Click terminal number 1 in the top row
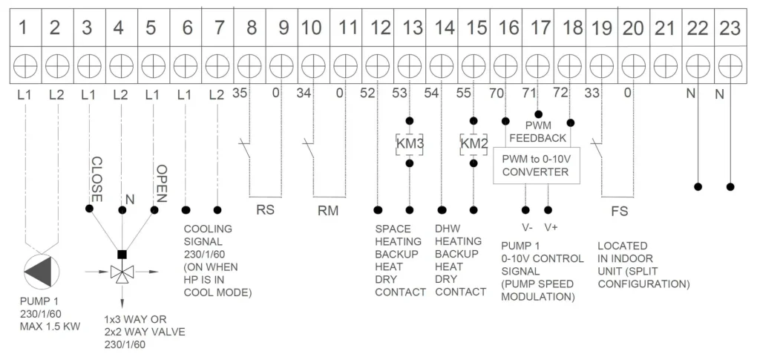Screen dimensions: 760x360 pyautogui.click(x=23, y=28)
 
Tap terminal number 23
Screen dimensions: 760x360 pyautogui.click(x=730, y=28)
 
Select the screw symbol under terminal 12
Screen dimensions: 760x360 pyautogui.click(x=378, y=65)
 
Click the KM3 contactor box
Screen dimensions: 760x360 pyautogui.click(x=410, y=145)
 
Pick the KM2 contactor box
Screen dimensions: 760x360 pyautogui.click(x=474, y=145)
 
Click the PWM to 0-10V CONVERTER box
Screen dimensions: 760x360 pyautogui.click(x=537, y=166)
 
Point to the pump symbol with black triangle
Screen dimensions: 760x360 pyautogui.click(x=42, y=272)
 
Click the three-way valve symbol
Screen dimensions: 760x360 pyautogui.click(x=122, y=272)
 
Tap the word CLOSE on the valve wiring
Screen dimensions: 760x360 pyautogui.click(x=96, y=180)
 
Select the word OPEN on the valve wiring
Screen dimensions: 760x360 pyautogui.click(x=161, y=183)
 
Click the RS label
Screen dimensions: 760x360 pyautogui.click(x=265, y=211)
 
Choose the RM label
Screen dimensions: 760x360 pyautogui.click(x=328, y=211)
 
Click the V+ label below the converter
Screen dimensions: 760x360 pyautogui.click(x=551, y=227)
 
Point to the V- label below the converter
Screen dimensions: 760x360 pyautogui.click(x=527, y=227)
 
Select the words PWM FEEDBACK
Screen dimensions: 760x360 pyautogui.click(x=537, y=132)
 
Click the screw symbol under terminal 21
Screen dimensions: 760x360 pyautogui.click(x=666, y=65)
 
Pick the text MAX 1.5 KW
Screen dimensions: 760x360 pyautogui.click(x=50, y=327)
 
